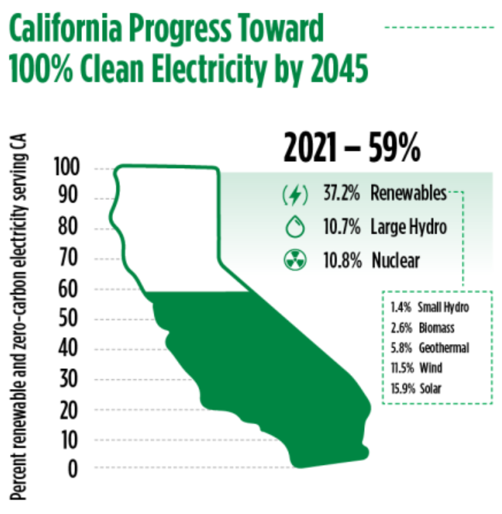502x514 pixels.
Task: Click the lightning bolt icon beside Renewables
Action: pyautogui.click(x=295, y=195)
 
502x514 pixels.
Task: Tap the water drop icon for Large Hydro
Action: pyautogui.click(x=295, y=226)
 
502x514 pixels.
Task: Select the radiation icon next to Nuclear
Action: pyautogui.click(x=295, y=260)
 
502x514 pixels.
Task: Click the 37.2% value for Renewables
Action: pyautogui.click(x=342, y=193)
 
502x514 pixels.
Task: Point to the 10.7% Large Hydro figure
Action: pyautogui.click(x=342, y=226)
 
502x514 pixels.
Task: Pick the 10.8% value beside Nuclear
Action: pyautogui.click(x=343, y=261)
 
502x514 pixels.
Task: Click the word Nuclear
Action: pyautogui.click(x=395, y=261)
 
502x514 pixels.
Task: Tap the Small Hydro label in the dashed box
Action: pyautogui.click(x=444, y=308)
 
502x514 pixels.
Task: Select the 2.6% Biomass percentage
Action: pyautogui.click(x=401, y=328)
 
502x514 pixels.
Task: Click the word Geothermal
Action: pyautogui.click(x=444, y=348)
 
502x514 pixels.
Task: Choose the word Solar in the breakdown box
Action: pyautogui.click(x=431, y=389)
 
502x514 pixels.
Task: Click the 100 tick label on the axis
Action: pyautogui.click(x=67, y=166)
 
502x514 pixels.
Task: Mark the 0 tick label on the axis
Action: pyautogui.click(x=73, y=469)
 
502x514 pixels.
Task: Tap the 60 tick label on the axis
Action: pyautogui.click(x=68, y=289)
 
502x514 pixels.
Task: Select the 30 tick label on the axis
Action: pyautogui.click(x=68, y=379)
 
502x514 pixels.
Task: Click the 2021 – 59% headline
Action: pyautogui.click(x=352, y=147)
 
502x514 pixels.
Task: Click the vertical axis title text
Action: pyautogui.click(x=18, y=317)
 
